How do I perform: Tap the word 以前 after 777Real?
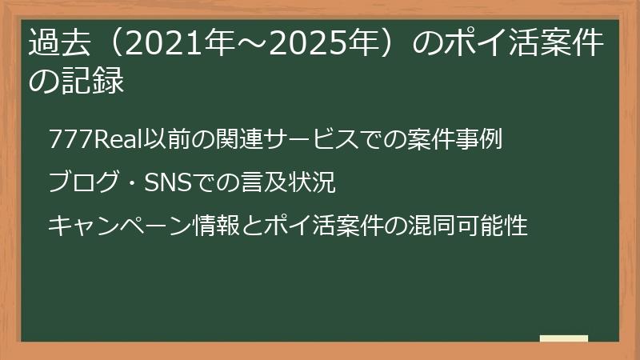tap(162, 139)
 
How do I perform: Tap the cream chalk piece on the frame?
tap(564, 339)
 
